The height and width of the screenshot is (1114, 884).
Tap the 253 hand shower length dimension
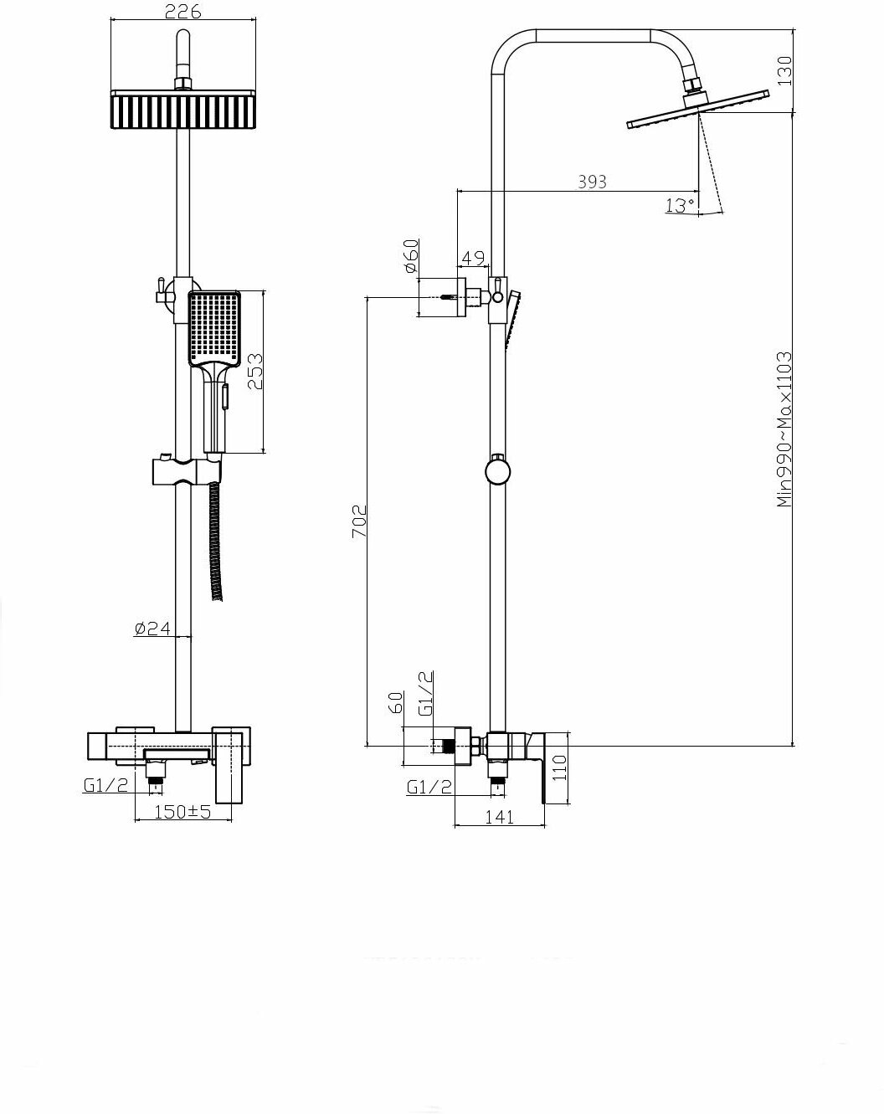[x=254, y=372]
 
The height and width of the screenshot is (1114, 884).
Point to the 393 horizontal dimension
[x=592, y=182]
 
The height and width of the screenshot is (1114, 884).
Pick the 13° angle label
[x=680, y=205]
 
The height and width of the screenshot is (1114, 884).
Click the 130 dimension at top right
[x=784, y=70]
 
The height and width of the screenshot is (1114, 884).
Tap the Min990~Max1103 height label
[x=784, y=429]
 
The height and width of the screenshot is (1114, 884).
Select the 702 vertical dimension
[x=358, y=521]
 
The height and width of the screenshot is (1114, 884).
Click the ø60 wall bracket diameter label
[x=410, y=256]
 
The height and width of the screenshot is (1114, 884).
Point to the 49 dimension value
[x=473, y=258]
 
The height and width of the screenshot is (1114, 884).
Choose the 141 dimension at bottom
[x=499, y=818]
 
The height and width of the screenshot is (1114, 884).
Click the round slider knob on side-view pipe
[x=497, y=470]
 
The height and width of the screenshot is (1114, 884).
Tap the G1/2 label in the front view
[x=105, y=786]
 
